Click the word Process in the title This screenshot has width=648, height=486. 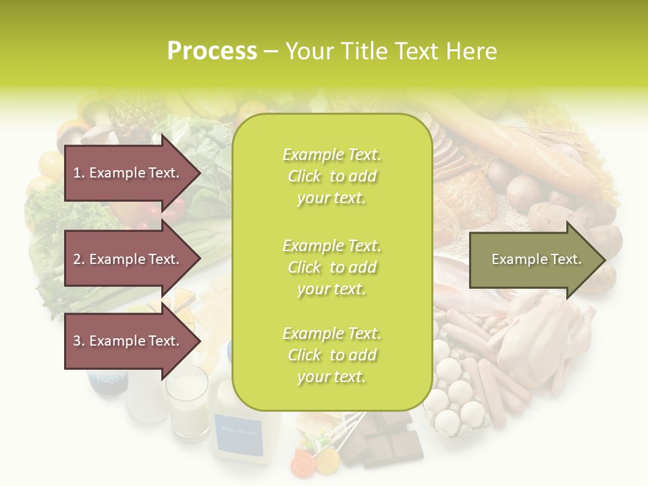pos(212,51)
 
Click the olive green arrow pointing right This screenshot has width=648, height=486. pos(537,259)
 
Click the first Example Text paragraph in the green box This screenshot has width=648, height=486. pos(331,176)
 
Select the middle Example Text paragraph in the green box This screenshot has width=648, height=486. pos(331,267)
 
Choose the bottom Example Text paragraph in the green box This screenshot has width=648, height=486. pos(331,355)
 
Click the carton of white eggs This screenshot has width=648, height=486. pos(459,398)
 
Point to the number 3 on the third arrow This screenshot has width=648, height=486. pos(76,341)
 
